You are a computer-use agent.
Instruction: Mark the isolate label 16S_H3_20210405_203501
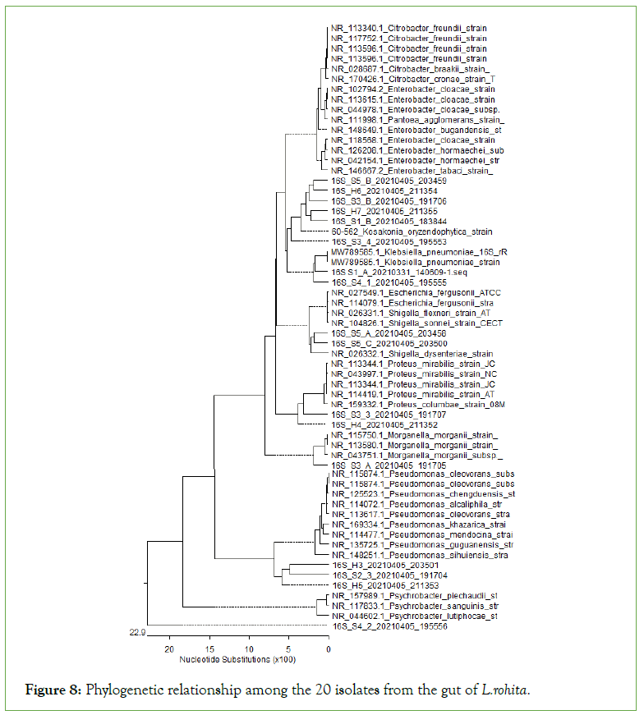click(x=385, y=565)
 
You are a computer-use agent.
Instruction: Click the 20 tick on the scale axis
click(x=169, y=648)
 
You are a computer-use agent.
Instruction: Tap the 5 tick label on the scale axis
click(x=288, y=648)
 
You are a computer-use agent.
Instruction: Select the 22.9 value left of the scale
click(x=136, y=632)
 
